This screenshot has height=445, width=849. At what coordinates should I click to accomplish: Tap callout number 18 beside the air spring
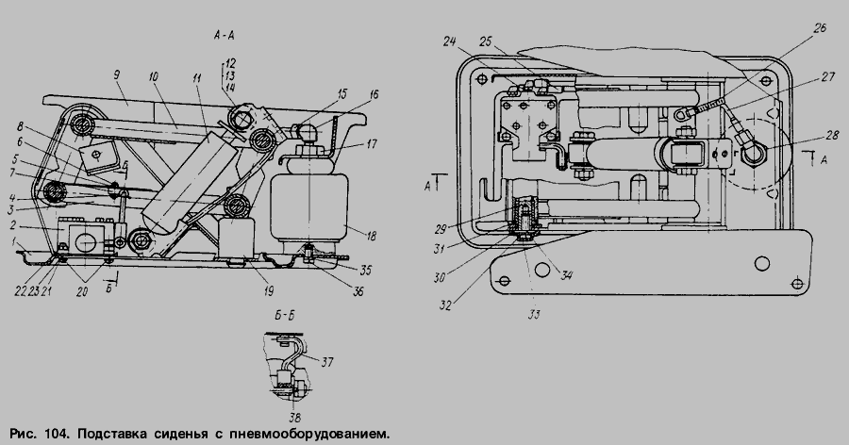pos(371,236)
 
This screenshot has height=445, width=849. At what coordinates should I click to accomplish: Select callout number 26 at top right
pos(820,27)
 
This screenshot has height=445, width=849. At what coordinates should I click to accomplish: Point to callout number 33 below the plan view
pos(534,315)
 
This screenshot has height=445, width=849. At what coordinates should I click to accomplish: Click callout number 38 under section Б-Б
pos(294,418)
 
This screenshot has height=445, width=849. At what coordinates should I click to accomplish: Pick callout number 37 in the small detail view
pos(326,362)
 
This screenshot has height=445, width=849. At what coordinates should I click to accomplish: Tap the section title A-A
pos(225,36)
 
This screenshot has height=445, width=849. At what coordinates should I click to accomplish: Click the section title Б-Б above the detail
pos(284,316)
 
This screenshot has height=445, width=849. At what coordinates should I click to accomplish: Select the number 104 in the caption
pos(57,435)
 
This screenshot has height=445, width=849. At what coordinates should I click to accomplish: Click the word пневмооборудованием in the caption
pos(309,435)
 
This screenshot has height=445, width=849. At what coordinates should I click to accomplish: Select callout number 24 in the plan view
pos(450,41)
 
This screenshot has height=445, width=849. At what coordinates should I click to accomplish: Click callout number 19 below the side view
pos(268,291)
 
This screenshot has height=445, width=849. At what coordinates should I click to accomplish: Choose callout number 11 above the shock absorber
pos(196,78)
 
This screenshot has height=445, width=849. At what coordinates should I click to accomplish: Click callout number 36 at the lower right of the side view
pos(358,291)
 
